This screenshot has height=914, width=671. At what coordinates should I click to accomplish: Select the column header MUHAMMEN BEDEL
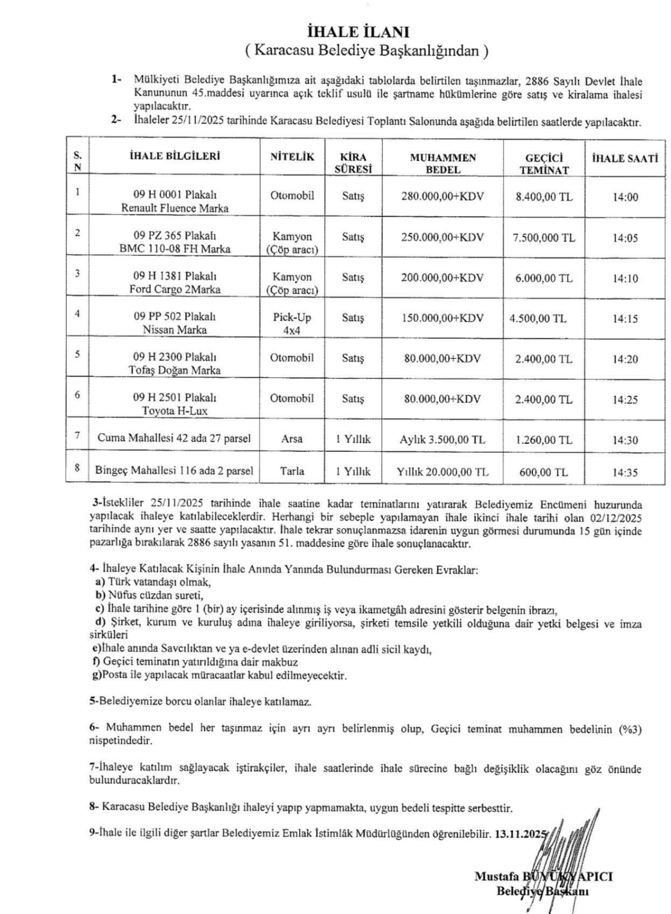pyautogui.click(x=443, y=163)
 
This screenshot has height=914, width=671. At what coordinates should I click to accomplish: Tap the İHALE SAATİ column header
pyautogui.click(x=625, y=158)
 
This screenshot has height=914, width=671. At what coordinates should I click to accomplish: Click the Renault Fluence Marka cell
pyautogui.click(x=175, y=202)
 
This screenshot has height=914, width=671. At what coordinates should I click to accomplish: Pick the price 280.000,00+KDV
pyautogui.click(x=443, y=197)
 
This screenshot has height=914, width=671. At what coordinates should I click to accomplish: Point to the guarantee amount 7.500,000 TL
pyautogui.click(x=544, y=238)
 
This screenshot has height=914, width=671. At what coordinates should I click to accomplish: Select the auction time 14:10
pyautogui.click(x=625, y=279)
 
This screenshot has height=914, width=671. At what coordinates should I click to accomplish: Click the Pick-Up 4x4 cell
pyautogui.click(x=292, y=323)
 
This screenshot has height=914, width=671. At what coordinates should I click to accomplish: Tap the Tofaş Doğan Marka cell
pyautogui.click(x=175, y=364)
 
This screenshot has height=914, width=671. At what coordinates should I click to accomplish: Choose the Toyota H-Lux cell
pyautogui.click(x=175, y=404)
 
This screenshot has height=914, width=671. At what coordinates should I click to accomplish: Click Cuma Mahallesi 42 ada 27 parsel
pyautogui.click(x=174, y=439)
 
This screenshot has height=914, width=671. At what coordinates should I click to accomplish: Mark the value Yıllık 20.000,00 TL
pyautogui.click(x=443, y=472)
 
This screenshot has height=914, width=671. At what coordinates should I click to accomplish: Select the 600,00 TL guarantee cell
pyautogui.click(x=544, y=472)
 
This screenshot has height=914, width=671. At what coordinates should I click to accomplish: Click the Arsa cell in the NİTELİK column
pyautogui.click(x=292, y=439)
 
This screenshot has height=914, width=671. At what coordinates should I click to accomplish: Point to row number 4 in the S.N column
pyautogui.click(x=78, y=313)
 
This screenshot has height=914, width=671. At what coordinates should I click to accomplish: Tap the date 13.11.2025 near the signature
pyautogui.click(x=520, y=833)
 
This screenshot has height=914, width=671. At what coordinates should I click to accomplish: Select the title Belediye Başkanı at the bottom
pyautogui.click(x=542, y=891)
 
